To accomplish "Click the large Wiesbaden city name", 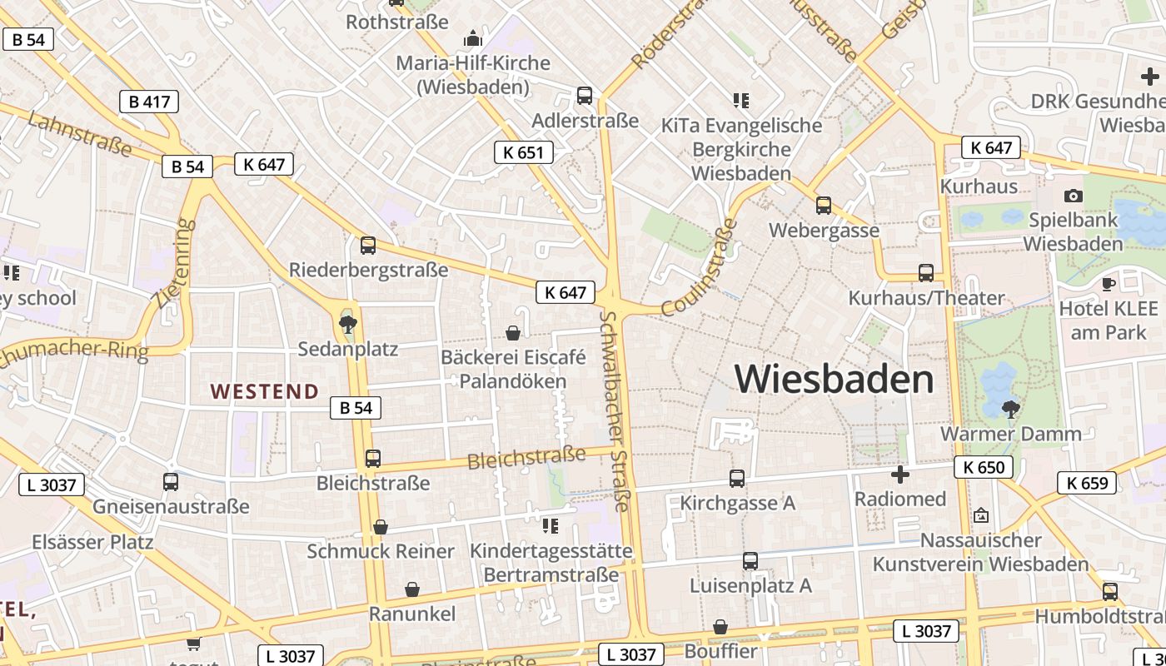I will [835, 380].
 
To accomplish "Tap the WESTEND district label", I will [264, 391].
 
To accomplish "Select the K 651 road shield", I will [523, 152].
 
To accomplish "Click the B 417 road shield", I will [149, 102].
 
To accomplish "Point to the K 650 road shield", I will [984, 467].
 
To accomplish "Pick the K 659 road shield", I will [1087, 482].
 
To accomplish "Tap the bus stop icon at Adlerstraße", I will [585, 95].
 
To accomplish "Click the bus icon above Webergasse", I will [824, 205].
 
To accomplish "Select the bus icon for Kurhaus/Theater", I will [925, 272].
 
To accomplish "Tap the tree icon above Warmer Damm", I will [1011, 409].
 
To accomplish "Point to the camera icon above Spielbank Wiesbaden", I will [1074, 196].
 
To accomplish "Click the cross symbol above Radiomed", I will [899, 475].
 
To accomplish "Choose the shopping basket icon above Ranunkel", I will [411, 589].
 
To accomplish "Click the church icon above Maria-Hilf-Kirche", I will [472, 38].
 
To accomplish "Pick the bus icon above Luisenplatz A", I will [750, 561].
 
